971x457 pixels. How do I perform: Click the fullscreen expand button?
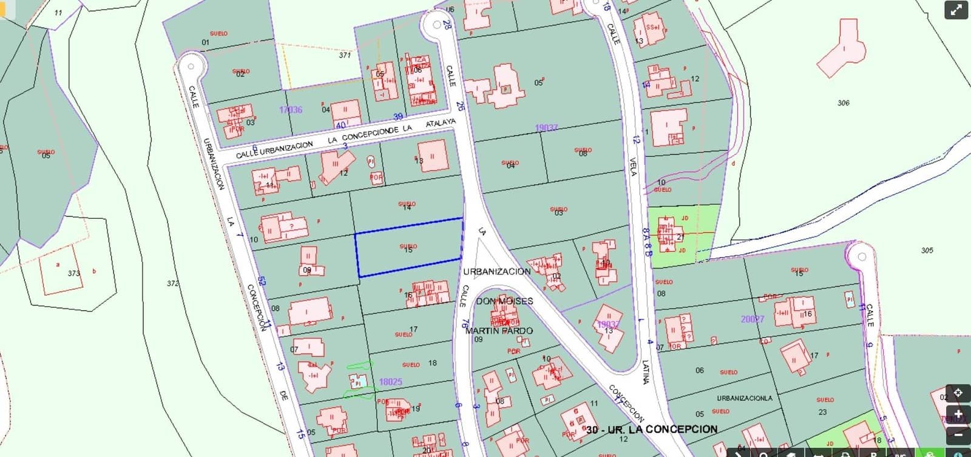tap(956, 10)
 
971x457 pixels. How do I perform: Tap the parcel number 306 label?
tap(843, 103)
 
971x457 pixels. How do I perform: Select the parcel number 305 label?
tap(927, 250)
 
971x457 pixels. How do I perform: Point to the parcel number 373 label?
tap(73, 273)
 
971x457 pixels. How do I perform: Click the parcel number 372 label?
tap(173, 284)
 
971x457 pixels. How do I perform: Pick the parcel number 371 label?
tap(345, 55)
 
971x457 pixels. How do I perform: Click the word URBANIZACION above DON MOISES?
tap(497, 272)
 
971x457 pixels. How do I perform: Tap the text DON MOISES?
tap(504, 301)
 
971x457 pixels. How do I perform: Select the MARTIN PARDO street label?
tap(499, 331)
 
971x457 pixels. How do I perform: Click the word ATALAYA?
tap(440, 123)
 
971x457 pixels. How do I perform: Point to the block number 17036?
tap(291, 110)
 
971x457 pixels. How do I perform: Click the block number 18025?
tap(390, 382)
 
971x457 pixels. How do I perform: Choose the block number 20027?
tap(753, 319)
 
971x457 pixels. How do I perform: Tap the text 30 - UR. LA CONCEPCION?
tap(652, 429)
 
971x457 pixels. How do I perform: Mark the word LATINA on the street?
tap(645, 372)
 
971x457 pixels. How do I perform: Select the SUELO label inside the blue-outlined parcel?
tap(408, 246)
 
